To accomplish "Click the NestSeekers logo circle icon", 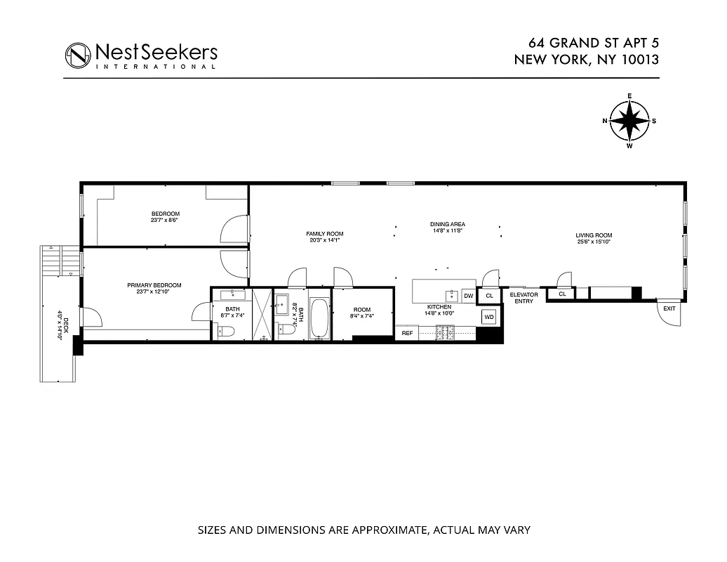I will [78, 55].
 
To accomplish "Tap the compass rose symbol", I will [629, 121].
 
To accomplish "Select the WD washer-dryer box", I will [489, 318].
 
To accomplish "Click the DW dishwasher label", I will [468, 296].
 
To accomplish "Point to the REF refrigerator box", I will [407, 334].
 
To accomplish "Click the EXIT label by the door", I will [669, 308].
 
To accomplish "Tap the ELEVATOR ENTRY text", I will [523, 298].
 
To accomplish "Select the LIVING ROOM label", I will [594, 236].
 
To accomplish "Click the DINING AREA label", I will [448, 225].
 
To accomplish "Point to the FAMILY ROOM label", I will [324, 234].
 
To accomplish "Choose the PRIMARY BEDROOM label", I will [154, 285].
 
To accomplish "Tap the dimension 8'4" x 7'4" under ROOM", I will [362, 316].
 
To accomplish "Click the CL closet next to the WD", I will [489, 296].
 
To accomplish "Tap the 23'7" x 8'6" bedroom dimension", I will [166, 220].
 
